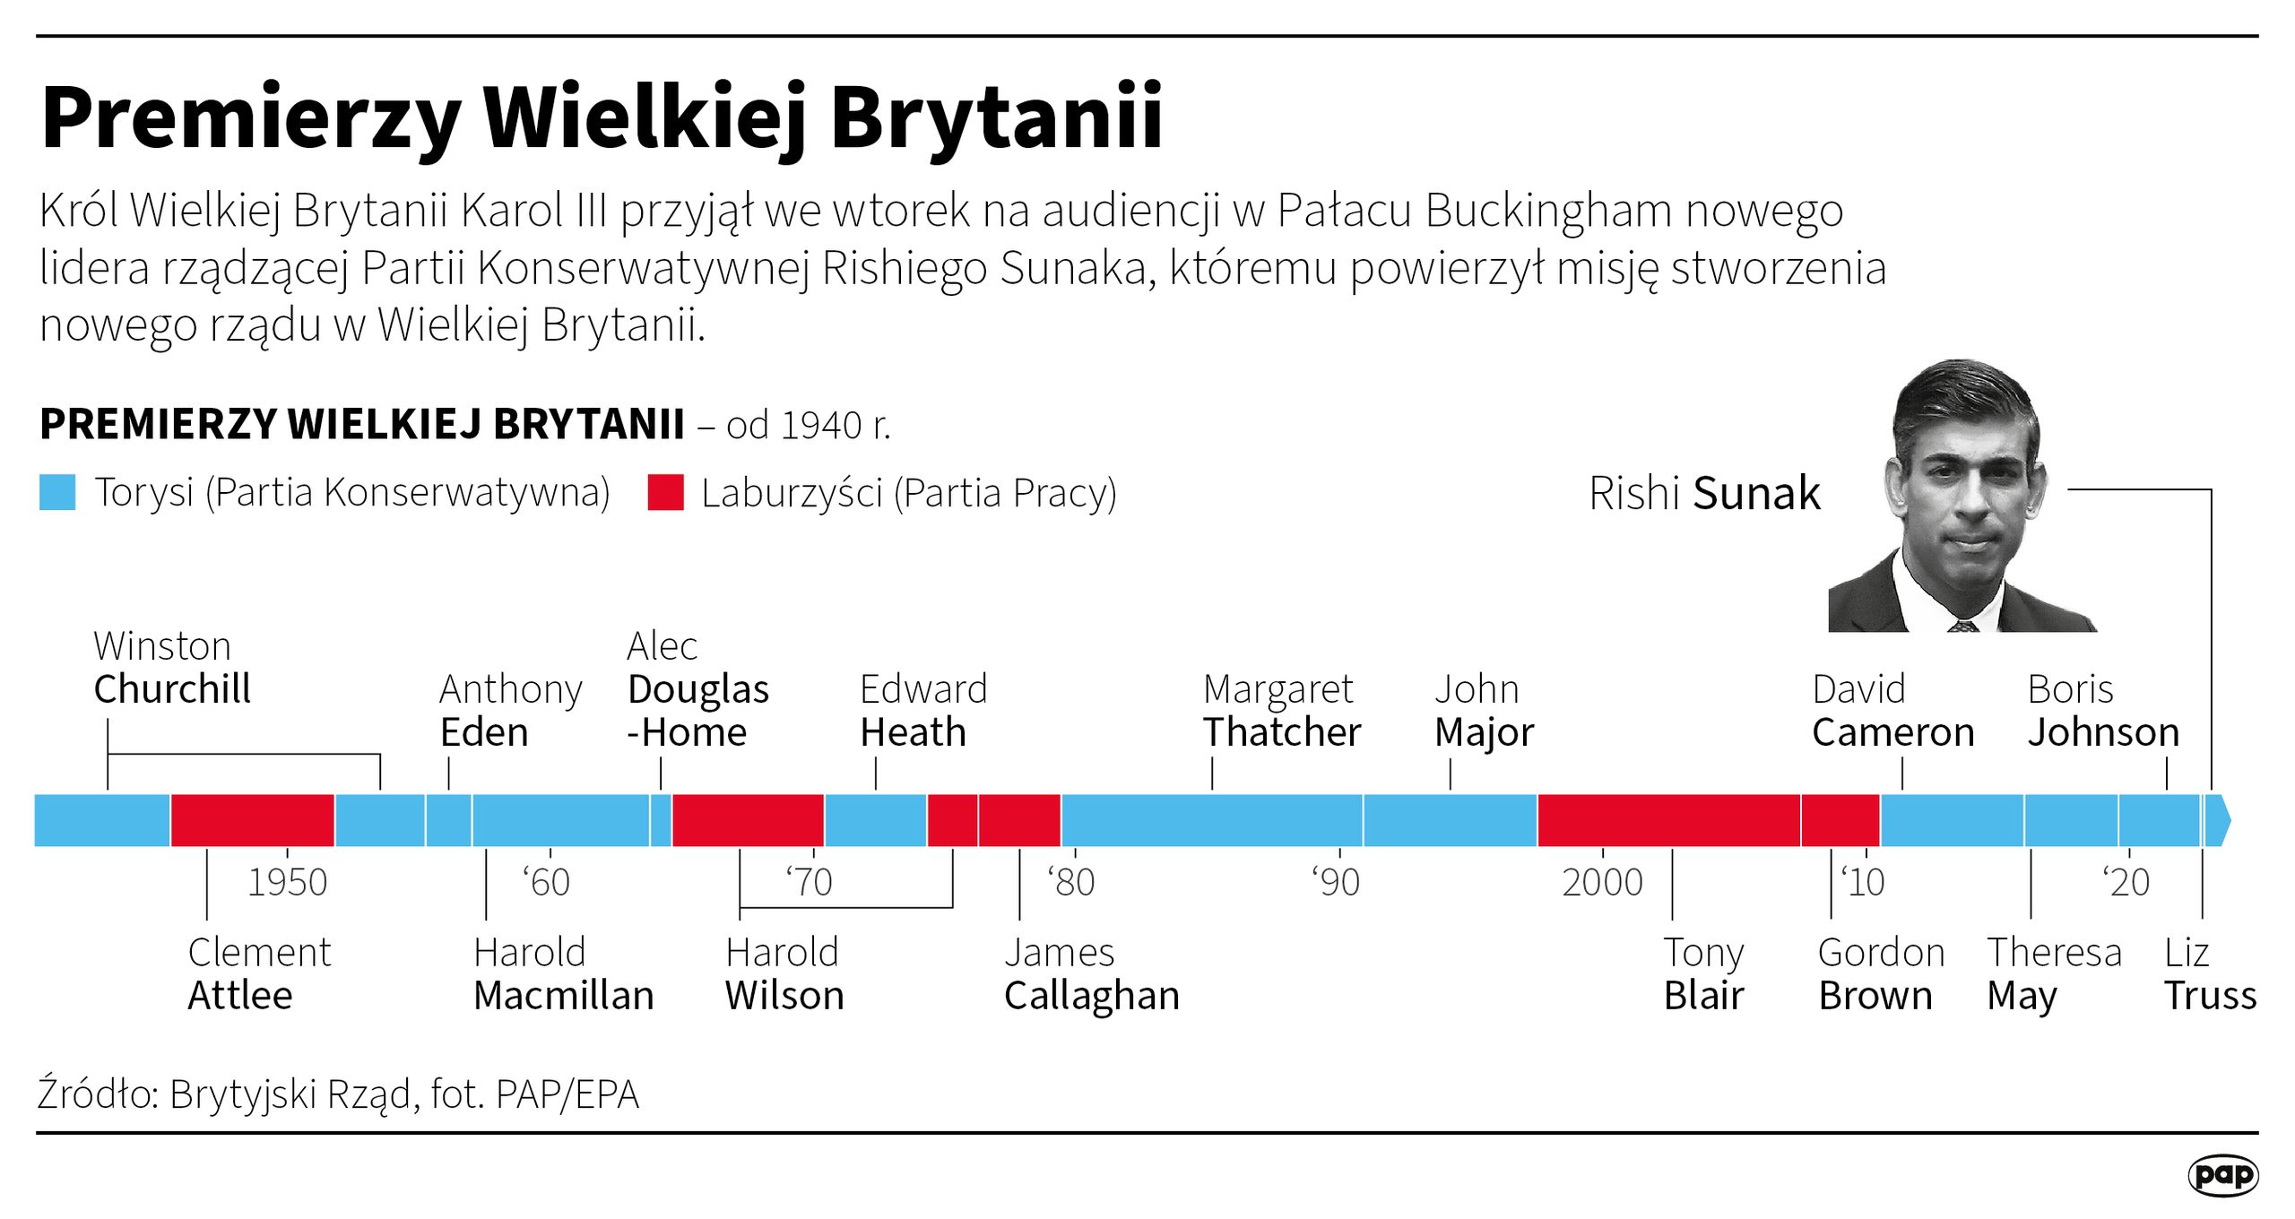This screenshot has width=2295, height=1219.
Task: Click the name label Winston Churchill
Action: point(171,668)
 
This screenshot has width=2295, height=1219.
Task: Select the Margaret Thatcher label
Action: point(1281,711)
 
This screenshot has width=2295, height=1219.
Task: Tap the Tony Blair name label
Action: point(1703,973)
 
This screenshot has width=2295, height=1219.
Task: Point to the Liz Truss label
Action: point(2209,973)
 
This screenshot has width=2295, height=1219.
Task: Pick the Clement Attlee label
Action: point(259,973)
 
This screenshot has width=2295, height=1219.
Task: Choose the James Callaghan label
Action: point(1091,973)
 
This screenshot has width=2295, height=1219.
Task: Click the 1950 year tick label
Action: point(287,882)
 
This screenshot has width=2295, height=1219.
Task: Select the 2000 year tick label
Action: point(1602,882)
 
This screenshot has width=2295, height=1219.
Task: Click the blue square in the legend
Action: point(57,493)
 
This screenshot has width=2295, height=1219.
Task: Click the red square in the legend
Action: point(665,493)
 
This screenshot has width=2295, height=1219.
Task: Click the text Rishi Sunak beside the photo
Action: point(1703,493)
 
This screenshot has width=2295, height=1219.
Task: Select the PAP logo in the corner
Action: point(2222,1175)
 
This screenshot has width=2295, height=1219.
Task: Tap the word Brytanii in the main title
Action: point(996,117)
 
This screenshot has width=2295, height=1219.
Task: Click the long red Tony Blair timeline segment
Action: point(1668,820)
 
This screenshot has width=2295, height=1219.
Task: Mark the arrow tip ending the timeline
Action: point(2222,820)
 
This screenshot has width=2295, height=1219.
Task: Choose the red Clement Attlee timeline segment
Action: point(252,820)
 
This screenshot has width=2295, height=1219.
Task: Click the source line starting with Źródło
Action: point(338,1094)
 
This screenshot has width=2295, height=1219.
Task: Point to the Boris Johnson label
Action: point(2103,711)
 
